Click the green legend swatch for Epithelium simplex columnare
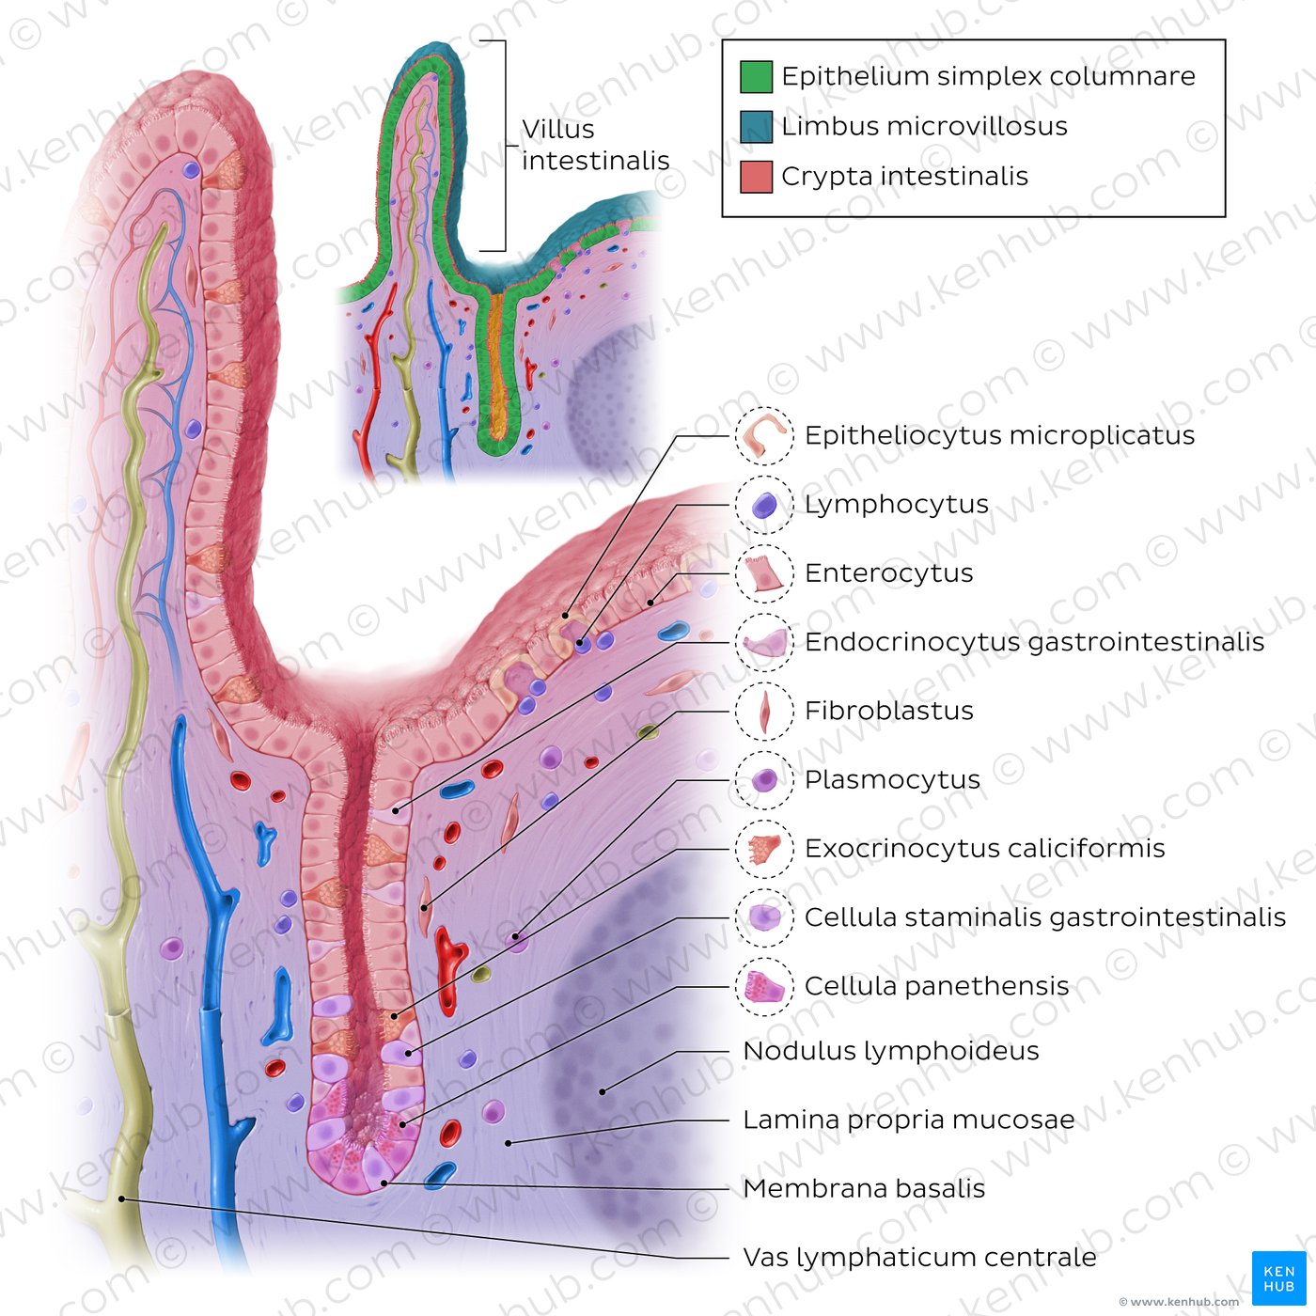(x=756, y=76)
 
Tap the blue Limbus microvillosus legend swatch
(x=756, y=126)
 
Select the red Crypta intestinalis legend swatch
(x=756, y=177)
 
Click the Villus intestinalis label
(x=596, y=145)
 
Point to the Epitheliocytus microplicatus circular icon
(x=764, y=436)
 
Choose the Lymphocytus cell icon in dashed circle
(x=764, y=505)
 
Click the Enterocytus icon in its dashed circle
(x=764, y=573)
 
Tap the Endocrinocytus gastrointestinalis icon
(x=764, y=643)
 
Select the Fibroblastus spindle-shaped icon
(x=764, y=712)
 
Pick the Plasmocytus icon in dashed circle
(x=764, y=780)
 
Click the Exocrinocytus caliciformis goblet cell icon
(x=764, y=849)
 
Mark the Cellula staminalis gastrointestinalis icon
(x=764, y=917)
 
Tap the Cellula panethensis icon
(x=764, y=987)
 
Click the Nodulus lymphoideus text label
(x=890, y=1051)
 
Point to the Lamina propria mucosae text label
(x=908, y=1120)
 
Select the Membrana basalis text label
(x=864, y=1189)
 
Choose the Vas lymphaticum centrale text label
(x=919, y=1258)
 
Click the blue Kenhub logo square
(x=1278, y=1277)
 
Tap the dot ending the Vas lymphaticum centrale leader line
(x=121, y=1198)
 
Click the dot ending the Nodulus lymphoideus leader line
(x=603, y=1092)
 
